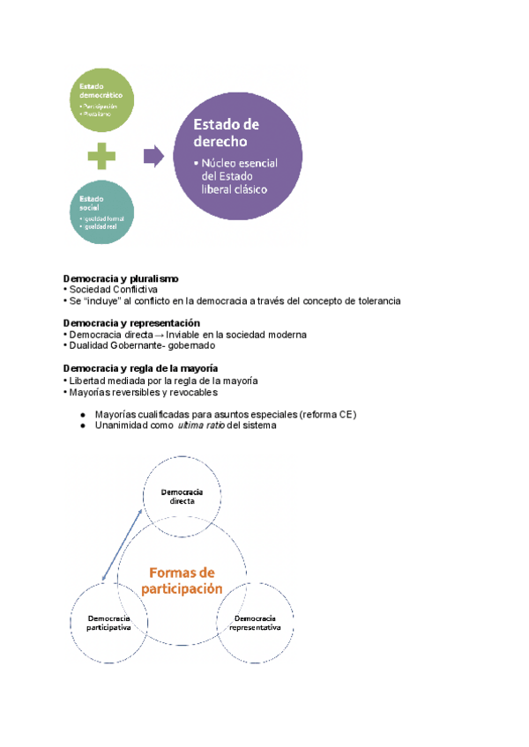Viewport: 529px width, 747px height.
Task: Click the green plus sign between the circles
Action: coord(101,158)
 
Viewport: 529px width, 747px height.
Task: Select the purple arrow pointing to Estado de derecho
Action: coord(153,157)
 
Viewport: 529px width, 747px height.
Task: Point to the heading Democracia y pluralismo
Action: coord(122,278)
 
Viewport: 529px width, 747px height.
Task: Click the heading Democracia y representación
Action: coord(132,323)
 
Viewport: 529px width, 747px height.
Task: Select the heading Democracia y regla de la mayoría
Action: coord(141,367)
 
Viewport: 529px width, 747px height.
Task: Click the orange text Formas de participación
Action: coord(182,581)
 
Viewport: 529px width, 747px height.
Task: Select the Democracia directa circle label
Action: coord(183,495)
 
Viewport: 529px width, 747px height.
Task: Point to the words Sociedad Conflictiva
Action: coord(113,290)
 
